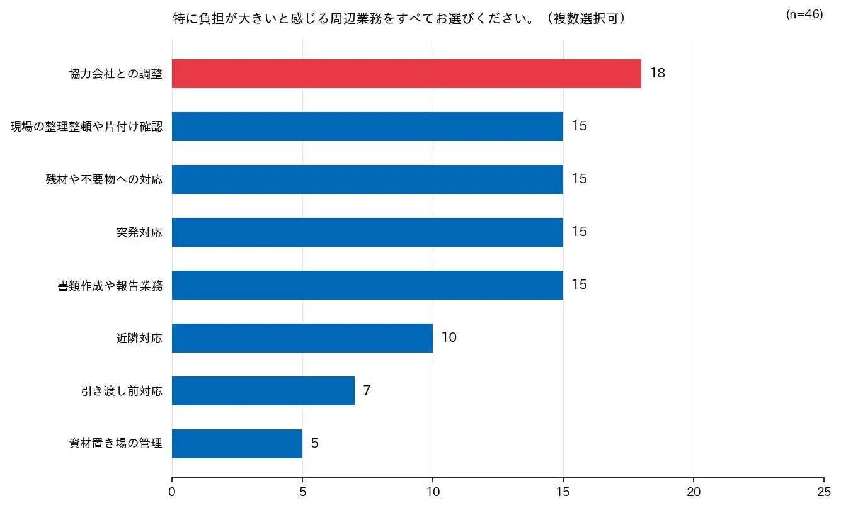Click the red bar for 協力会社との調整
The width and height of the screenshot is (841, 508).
point(406,74)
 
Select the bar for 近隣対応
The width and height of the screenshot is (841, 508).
point(302,338)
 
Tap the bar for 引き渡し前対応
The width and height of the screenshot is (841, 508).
point(263,391)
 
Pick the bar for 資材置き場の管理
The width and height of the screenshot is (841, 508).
point(237,444)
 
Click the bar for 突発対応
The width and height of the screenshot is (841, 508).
point(367,232)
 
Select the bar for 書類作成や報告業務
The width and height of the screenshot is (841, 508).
point(367,285)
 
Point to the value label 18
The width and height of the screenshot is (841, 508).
point(657,73)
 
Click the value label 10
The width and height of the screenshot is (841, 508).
point(449,337)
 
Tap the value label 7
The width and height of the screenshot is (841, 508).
point(367,390)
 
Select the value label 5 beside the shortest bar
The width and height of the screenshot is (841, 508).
point(314,443)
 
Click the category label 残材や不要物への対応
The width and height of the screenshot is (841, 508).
point(104,179)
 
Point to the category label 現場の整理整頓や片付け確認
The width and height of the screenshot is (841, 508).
point(86,127)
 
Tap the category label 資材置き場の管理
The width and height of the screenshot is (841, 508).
point(116,444)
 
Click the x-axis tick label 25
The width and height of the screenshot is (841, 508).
point(823,491)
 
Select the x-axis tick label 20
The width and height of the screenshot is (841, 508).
point(694,491)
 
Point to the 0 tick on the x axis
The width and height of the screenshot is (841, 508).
point(172,491)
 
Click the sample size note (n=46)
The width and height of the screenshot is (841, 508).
point(804,14)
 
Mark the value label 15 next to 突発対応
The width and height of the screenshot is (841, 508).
point(579,232)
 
